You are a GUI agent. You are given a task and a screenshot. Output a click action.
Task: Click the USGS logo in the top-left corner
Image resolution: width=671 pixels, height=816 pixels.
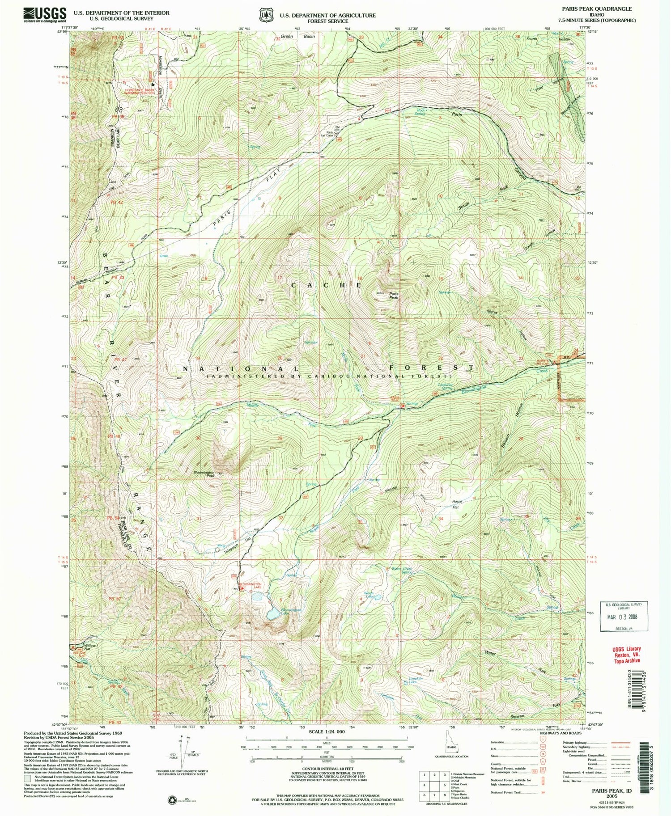coord(45,15)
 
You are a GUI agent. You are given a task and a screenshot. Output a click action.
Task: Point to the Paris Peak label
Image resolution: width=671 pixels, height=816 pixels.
coord(393,296)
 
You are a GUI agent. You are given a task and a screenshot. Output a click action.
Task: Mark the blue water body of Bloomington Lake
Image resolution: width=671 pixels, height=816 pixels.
coord(273,615)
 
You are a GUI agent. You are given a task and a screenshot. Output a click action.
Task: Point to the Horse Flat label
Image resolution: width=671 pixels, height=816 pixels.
coord(456,504)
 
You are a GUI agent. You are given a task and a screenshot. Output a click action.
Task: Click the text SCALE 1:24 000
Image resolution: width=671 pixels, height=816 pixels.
coord(327,731)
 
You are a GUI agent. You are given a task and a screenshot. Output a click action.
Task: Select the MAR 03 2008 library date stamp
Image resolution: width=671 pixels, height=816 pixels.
coord(624,617)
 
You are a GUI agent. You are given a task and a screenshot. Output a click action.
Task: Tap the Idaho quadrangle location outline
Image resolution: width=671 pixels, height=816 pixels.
coord(451,744)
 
